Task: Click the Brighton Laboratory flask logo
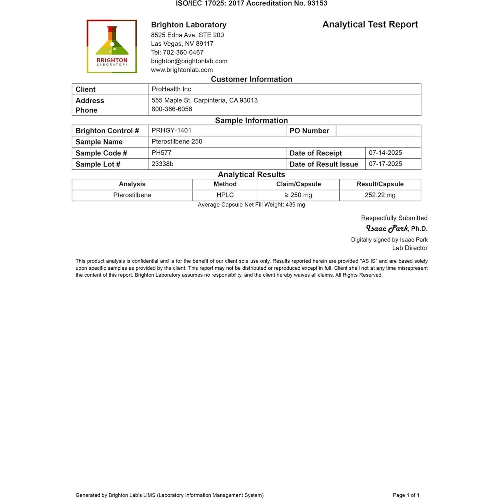(x=112, y=46)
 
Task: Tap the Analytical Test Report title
(x=370, y=25)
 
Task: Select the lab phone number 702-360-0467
(x=183, y=53)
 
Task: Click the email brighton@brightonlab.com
(x=189, y=61)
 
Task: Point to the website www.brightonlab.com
(x=182, y=70)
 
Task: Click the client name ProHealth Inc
(x=171, y=89)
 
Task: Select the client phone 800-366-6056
(x=172, y=109)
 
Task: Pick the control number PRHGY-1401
(x=171, y=130)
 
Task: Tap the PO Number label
(x=309, y=131)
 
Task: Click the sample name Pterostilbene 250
(x=177, y=141)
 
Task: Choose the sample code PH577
(x=161, y=153)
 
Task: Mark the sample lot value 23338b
(x=162, y=164)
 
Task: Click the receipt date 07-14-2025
(x=385, y=153)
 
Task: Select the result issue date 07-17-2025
(x=385, y=164)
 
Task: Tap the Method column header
(x=225, y=184)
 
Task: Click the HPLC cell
(x=225, y=195)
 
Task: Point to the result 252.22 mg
(x=380, y=195)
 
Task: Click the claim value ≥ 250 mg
(x=298, y=195)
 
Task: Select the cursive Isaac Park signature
(x=387, y=228)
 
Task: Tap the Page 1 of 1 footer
(x=406, y=495)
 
